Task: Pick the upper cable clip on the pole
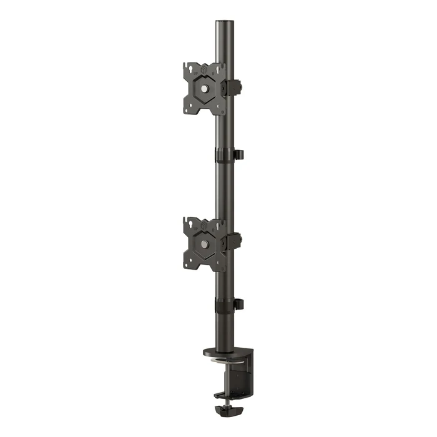pyautogui.click(x=237, y=154)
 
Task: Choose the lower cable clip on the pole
pyautogui.click(x=237, y=304)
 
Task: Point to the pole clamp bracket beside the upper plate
pyautogui.click(x=233, y=87)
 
